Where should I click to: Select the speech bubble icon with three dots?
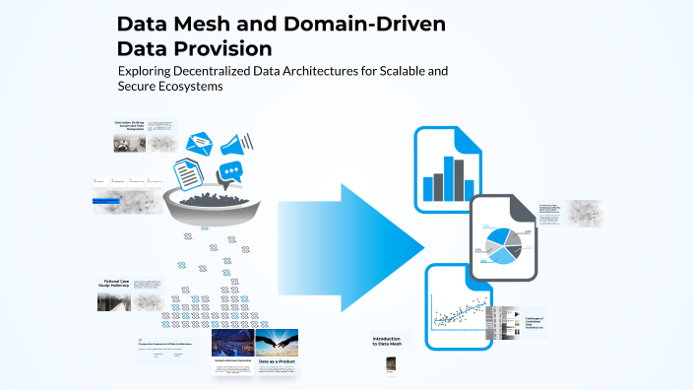coord(231,174)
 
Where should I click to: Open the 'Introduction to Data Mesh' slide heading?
coord(388,341)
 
